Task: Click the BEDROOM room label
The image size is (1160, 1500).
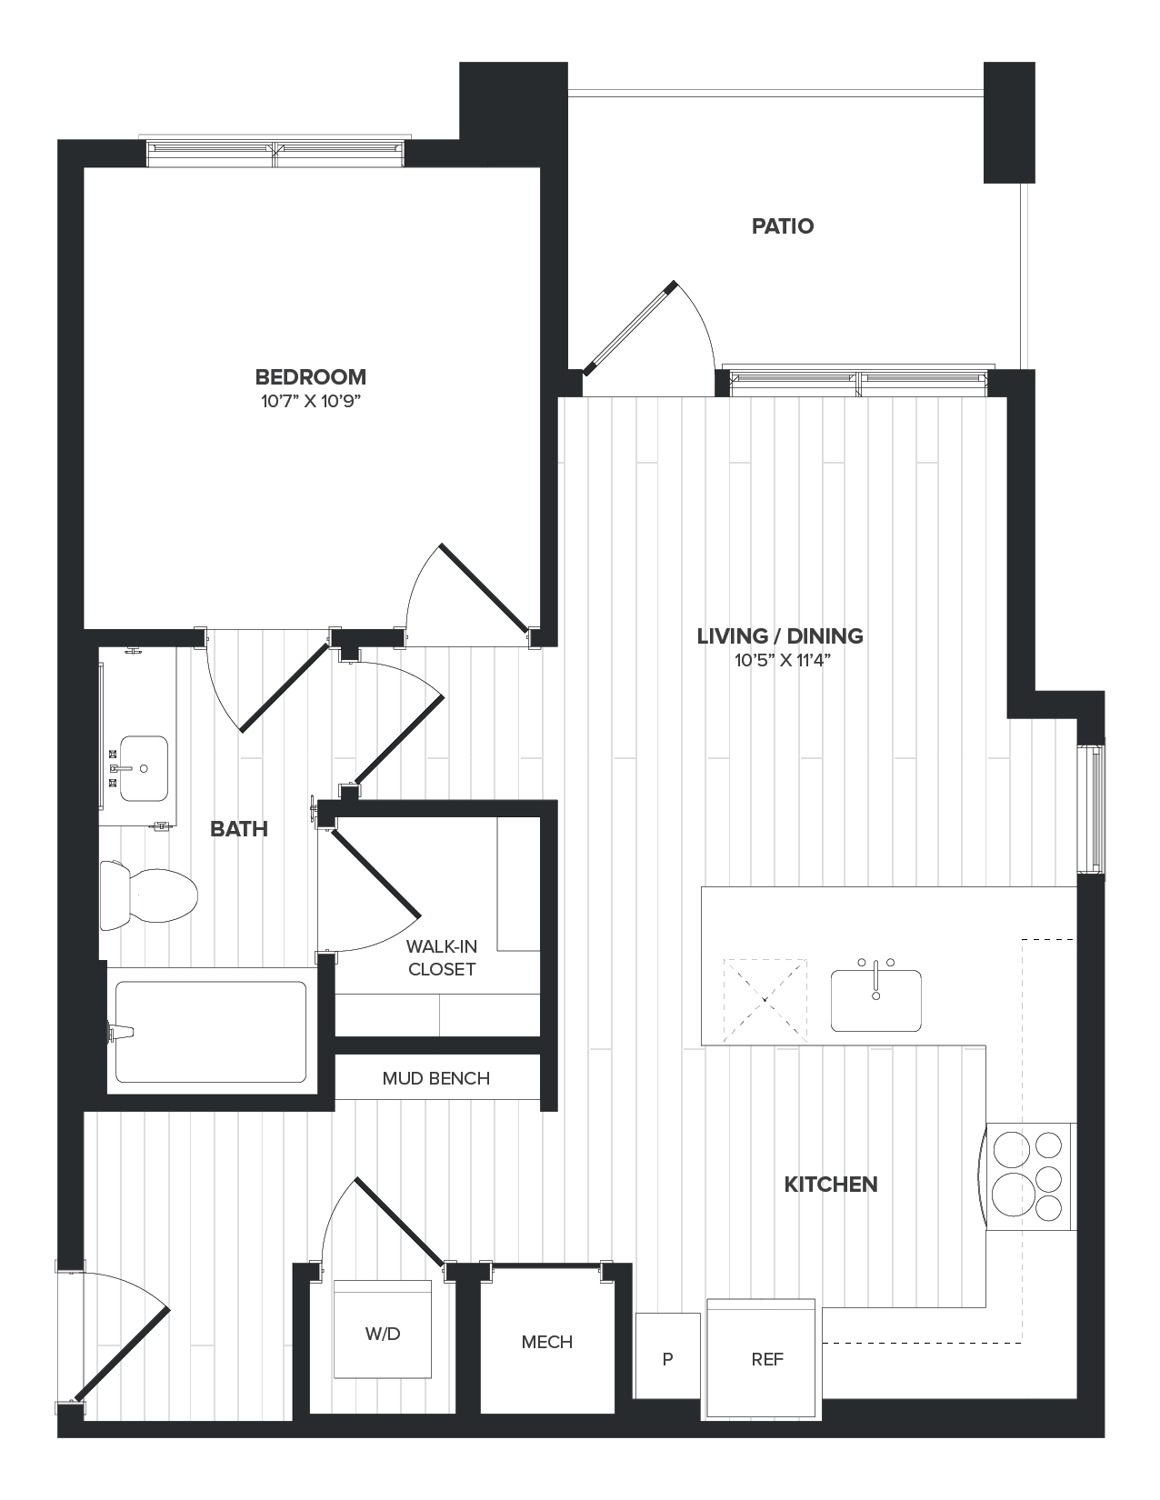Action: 310,376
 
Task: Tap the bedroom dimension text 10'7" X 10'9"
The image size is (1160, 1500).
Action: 311,402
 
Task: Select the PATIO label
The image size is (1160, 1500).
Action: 782,225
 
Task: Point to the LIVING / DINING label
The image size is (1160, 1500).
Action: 780,635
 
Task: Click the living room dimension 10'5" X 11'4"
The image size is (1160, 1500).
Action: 783,661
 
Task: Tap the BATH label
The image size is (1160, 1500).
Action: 238,828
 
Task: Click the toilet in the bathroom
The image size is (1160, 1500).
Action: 150,895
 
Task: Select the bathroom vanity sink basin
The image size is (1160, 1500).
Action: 144,768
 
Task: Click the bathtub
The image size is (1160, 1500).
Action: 210,1031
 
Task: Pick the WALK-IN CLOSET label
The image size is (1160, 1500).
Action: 442,958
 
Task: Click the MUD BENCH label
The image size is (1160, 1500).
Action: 436,1078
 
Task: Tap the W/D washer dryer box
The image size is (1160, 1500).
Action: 382,1333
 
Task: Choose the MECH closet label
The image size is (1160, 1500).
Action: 547,1342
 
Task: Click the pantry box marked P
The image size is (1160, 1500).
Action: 667,1359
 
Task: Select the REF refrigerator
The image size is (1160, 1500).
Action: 766,1359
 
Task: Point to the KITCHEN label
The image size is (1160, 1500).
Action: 831,1184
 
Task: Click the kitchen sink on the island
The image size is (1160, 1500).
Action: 875,999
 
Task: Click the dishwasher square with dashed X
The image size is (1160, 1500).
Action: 765,999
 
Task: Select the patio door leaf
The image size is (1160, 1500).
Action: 630,328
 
